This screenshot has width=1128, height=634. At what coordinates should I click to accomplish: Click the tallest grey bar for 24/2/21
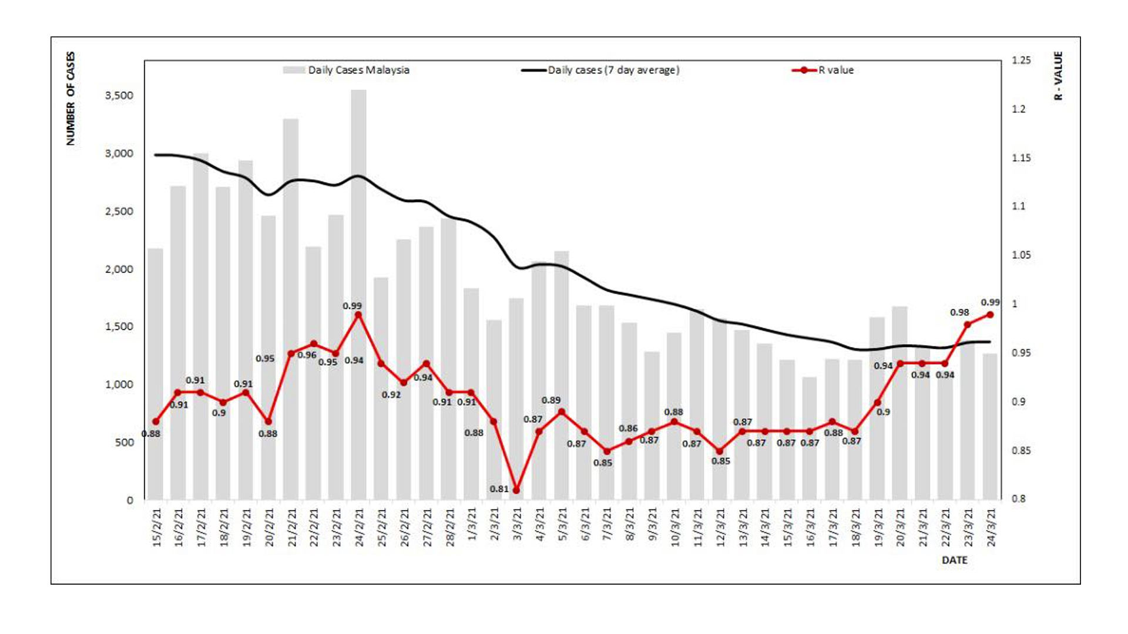tap(358, 294)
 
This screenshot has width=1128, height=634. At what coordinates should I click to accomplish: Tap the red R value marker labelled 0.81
tap(516, 490)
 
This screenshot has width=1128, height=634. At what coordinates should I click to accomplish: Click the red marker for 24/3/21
tap(990, 315)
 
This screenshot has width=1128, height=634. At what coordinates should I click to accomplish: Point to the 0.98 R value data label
tap(959, 313)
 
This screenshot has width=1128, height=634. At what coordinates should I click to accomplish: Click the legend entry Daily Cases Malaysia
tap(358, 70)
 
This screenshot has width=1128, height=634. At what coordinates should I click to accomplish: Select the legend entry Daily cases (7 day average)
tap(613, 70)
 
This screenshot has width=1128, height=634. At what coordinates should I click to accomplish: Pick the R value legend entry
tap(835, 70)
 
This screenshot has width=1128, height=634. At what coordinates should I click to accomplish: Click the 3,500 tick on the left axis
tap(119, 95)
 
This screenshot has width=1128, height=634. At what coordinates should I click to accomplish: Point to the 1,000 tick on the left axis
tap(119, 385)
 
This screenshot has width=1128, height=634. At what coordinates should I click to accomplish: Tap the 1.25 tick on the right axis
tap(1021, 60)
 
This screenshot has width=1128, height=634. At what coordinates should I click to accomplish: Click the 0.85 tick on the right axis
tap(1021, 450)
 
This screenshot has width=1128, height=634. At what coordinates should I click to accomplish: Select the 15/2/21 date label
tap(156, 527)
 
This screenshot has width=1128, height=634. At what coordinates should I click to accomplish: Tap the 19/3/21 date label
tap(878, 527)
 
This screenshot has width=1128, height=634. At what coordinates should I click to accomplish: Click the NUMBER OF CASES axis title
tap(70, 99)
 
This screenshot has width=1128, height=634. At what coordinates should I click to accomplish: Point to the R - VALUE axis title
tap(1058, 76)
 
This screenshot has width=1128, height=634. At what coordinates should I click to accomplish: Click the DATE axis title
tap(954, 560)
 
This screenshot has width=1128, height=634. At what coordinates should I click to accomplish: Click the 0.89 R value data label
tap(550, 400)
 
